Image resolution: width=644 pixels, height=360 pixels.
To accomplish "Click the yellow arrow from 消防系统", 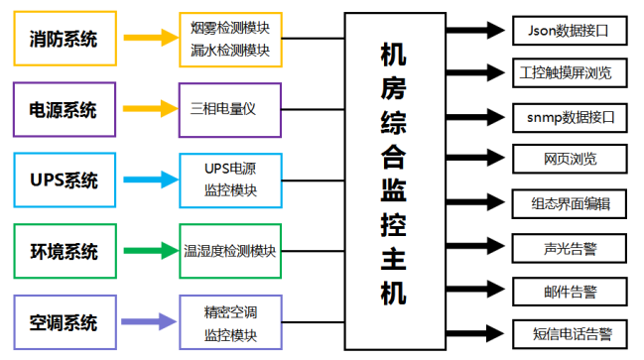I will pyautogui.click(x=147, y=39).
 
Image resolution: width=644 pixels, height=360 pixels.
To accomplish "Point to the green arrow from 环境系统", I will pyautogui.click(x=147, y=251).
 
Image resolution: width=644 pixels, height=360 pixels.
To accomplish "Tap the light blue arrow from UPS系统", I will pyautogui.click(x=147, y=180).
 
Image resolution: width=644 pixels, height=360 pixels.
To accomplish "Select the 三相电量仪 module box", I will pyautogui.click(x=230, y=108).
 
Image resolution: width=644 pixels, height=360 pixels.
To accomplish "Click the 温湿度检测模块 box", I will pyautogui.click(x=230, y=251).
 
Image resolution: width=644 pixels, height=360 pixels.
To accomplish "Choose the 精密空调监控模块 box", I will pyautogui.click(x=230, y=323).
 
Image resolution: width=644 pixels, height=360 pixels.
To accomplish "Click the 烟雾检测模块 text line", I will pyautogui.click(x=230, y=28).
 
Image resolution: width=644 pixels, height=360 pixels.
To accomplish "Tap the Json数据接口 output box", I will pyautogui.click(x=570, y=31).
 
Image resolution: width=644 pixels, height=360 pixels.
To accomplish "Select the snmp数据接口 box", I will pyautogui.click(x=571, y=116).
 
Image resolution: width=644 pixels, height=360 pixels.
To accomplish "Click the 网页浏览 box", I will pyautogui.click(x=571, y=159).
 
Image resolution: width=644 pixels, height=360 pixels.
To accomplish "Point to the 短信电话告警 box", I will pyautogui.click(x=571, y=333).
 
